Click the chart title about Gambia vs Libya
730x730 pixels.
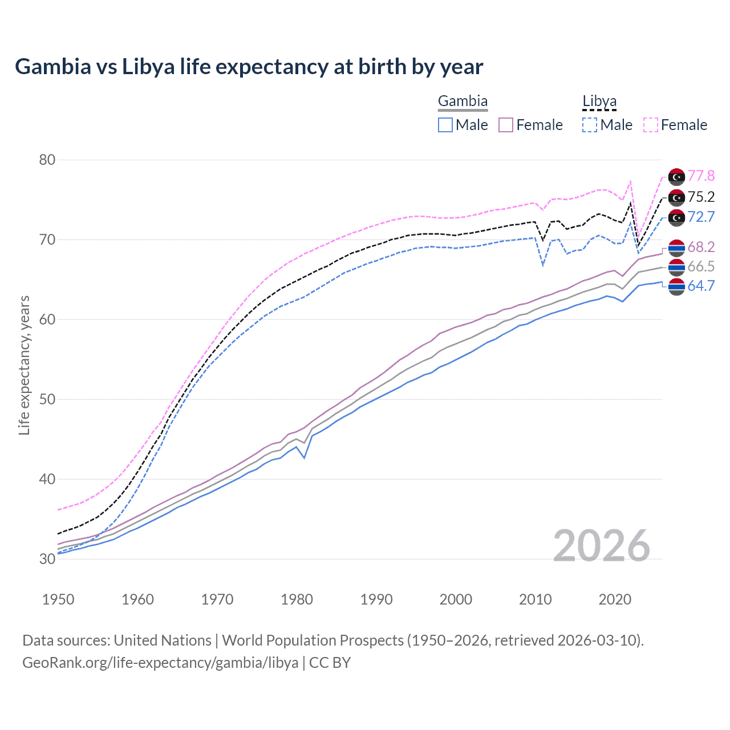tap(249, 67)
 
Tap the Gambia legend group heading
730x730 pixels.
tap(463, 102)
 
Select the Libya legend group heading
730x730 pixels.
tap(599, 102)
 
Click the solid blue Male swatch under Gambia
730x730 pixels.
tap(445, 125)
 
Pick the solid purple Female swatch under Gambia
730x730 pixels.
tap(506, 125)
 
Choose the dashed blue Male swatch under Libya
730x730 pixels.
tap(590, 125)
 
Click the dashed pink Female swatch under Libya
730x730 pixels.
tap(651, 125)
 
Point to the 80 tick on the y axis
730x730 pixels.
tap(47, 160)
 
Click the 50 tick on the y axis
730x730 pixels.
tap(47, 399)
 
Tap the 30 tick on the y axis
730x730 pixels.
tap(47, 559)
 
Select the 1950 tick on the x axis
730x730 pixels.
tap(58, 599)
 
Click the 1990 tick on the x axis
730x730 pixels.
tap(376, 599)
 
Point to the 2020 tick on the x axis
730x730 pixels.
tap(615, 599)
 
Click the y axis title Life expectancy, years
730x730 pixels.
tap(24, 365)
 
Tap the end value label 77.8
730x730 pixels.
tap(701, 176)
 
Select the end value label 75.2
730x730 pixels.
tap(701, 197)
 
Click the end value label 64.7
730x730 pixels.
tap(701, 286)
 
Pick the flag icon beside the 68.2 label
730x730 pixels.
tap(676, 248)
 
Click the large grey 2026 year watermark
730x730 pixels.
tap(602, 546)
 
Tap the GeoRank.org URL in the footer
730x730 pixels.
tap(160, 663)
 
